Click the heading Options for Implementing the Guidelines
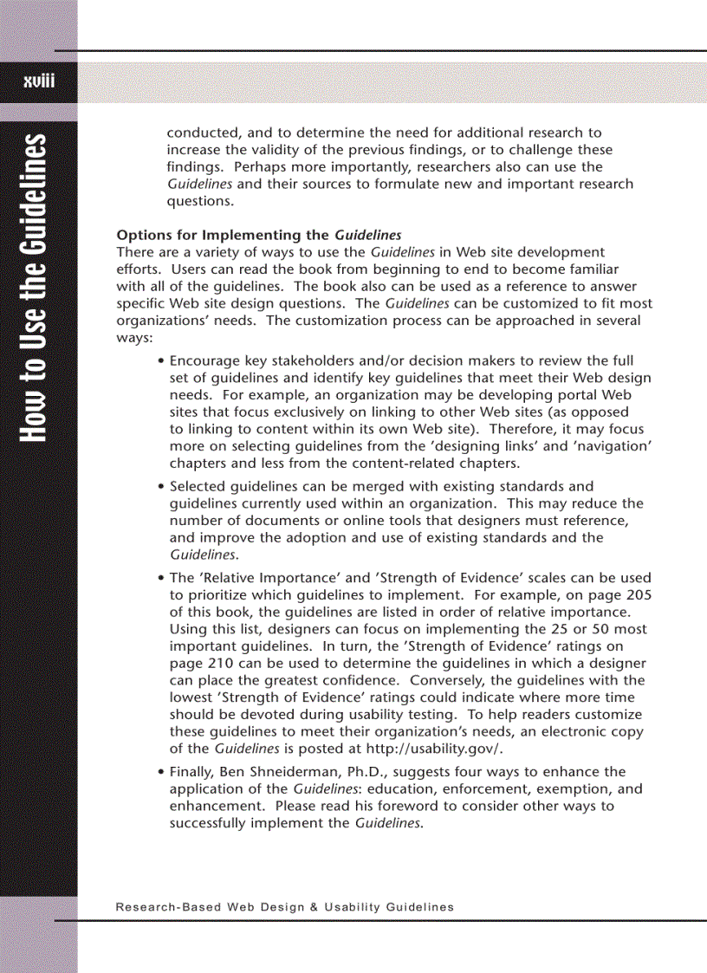click(259, 235)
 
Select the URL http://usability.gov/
click(438, 749)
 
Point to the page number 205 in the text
click(639, 594)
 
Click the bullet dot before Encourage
click(162, 361)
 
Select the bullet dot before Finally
click(162, 772)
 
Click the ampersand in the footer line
click(313, 907)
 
